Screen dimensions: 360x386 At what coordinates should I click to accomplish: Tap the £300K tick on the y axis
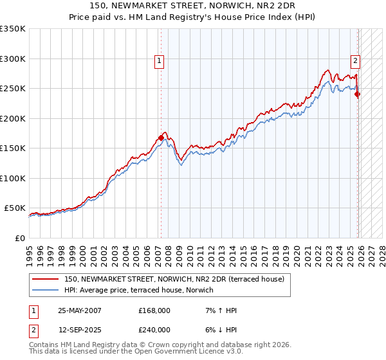tap(13, 59)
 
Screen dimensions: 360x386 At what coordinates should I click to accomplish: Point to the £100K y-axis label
tap(13, 178)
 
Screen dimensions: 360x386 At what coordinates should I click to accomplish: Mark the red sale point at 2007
tap(161, 137)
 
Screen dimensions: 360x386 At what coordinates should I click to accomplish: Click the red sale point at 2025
tap(358, 94)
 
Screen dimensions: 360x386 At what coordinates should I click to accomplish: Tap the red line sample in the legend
tap(46, 279)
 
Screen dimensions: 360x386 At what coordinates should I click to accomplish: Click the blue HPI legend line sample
tap(46, 290)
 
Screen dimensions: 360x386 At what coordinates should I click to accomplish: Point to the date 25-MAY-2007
tap(80, 310)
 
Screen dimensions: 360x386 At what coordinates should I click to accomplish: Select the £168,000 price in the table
tap(154, 310)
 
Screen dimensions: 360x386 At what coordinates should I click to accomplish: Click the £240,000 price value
tap(154, 330)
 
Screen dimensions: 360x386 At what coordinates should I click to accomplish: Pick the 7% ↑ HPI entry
tap(219, 310)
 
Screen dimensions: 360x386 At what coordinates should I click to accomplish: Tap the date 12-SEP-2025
tap(80, 330)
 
